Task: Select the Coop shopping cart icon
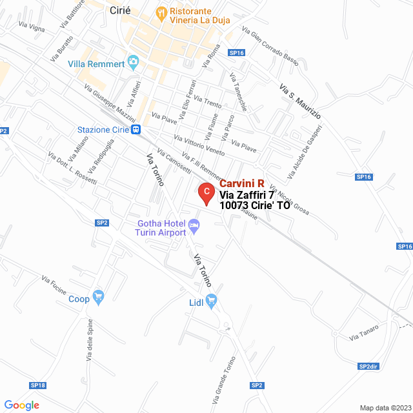(98, 297)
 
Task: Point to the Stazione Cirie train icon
(136, 130)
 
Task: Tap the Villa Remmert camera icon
(134, 64)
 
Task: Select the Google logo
(21, 405)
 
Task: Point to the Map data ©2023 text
(385, 408)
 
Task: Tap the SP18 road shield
(37, 385)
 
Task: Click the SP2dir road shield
(368, 367)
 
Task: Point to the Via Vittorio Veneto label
(199, 145)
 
